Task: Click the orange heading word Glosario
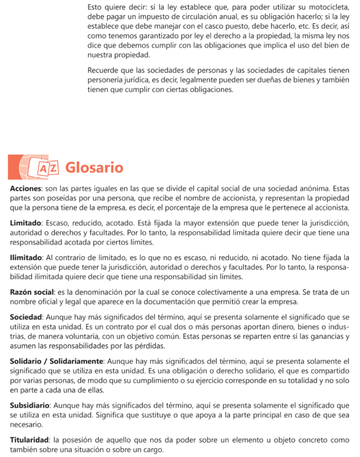point(94,167)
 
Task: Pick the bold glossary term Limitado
point(26,223)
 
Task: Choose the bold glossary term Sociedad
point(26,317)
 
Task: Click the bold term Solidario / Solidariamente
point(57,361)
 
